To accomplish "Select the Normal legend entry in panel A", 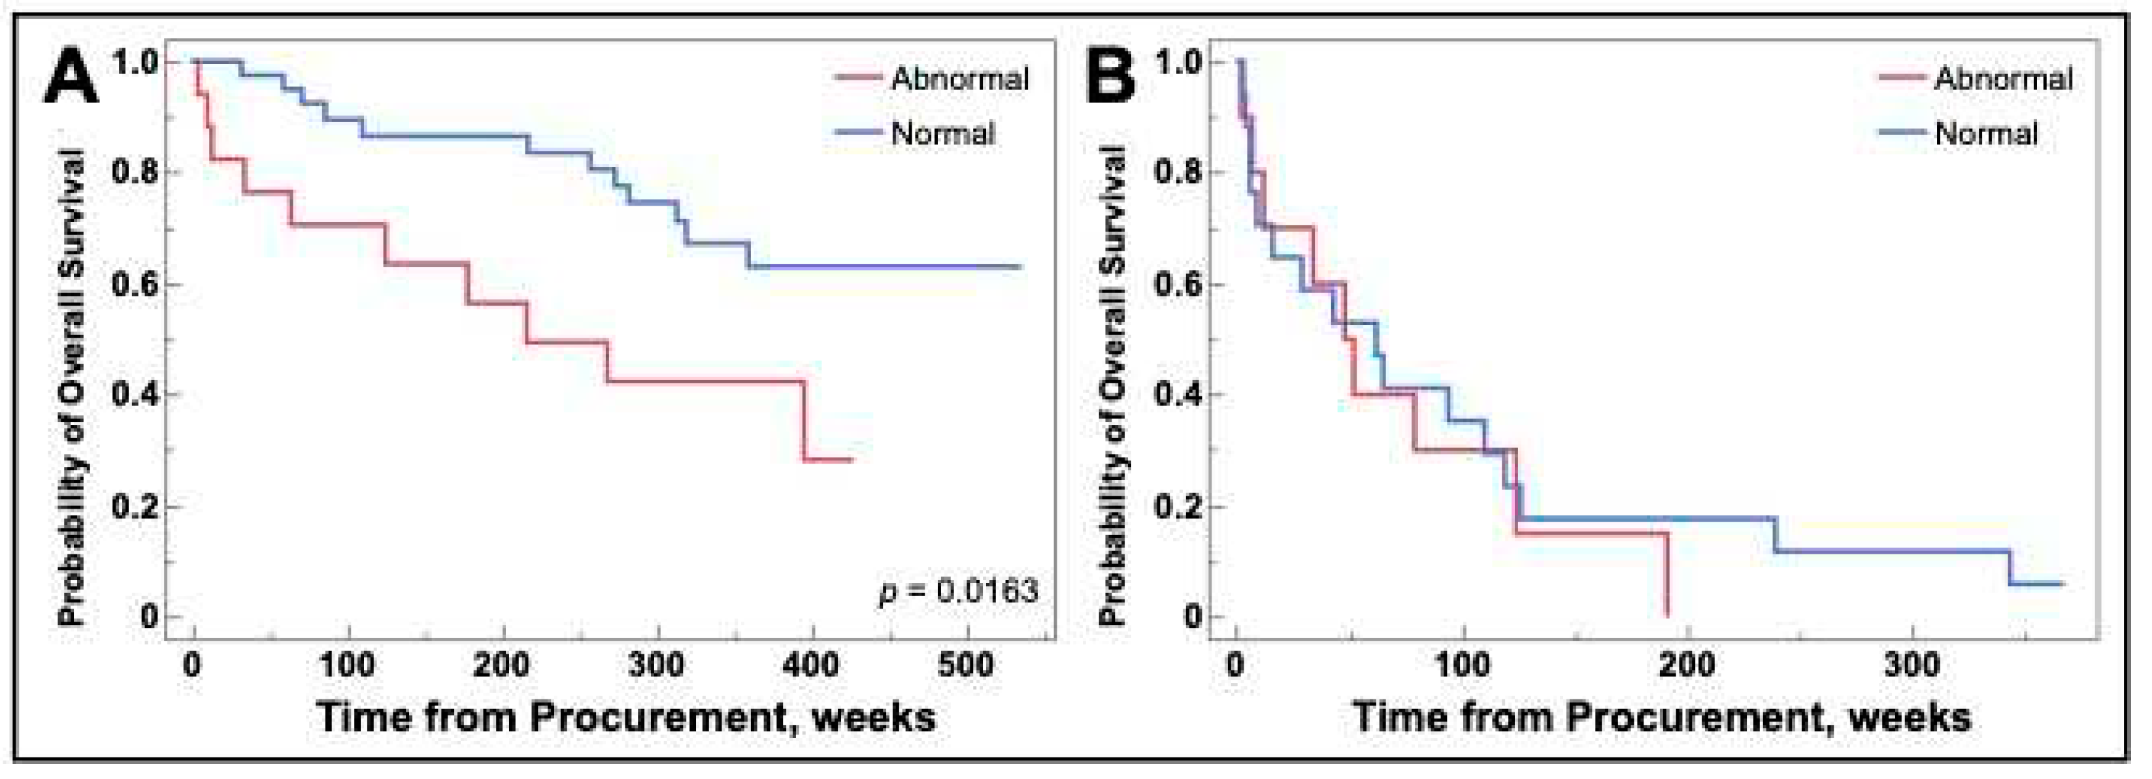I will click(942, 134).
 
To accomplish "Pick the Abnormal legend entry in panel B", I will click(2002, 78).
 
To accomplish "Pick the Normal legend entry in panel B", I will click(1986, 134).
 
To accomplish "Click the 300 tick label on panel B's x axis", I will click(1912, 665).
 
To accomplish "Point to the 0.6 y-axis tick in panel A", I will click(135, 285).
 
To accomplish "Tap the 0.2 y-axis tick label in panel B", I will click(1178, 507).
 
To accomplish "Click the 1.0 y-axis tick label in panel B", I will click(1178, 62).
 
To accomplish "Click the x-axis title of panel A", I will click(627, 717).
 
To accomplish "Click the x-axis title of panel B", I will click(1662, 717).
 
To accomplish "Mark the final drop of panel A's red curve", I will click(805, 422).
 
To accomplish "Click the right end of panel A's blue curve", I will click(1020, 267).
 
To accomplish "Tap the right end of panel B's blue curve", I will click(2062, 584).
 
